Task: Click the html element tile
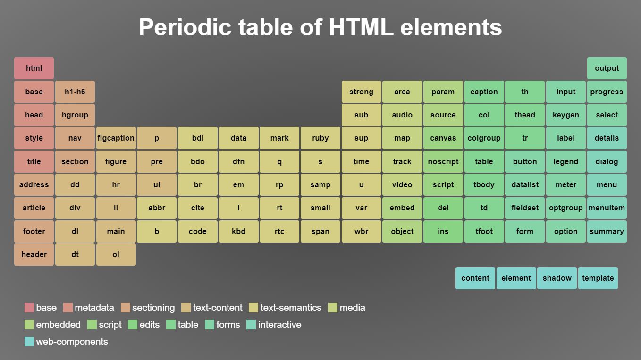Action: tap(34, 68)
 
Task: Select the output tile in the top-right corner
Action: tap(607, 68)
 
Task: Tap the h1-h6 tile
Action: tap(75, 92)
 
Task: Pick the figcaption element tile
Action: tap(116, 138)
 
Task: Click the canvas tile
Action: tap(443, 138)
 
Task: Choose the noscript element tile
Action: tap(443, 161)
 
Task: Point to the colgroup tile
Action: tap(484, 138)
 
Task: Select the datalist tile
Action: tap(525, 184)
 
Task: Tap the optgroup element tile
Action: tap(565, 208)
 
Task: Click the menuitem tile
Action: tap(607, 208)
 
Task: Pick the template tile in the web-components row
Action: tap(598, 278)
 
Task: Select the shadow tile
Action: tap(557, 278)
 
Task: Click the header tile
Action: tap(34, 254)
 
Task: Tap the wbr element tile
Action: tap(361, 231)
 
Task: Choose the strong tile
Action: tap(361, 92)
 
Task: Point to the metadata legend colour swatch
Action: tap(68, 308)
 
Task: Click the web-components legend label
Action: tap(72, 342)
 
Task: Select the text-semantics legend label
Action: tap(291, 308)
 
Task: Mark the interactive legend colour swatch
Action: tap(251, 325)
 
